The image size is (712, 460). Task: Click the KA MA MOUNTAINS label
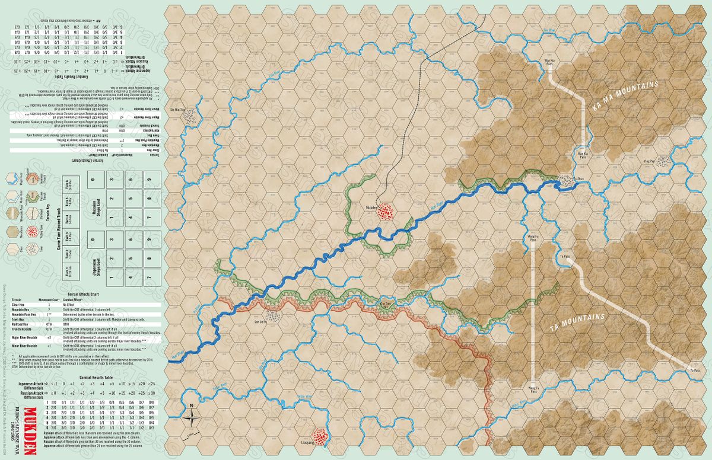pos(625,97)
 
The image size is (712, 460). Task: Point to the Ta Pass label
pos(564,256)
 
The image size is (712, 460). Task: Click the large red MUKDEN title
pos(34,430)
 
